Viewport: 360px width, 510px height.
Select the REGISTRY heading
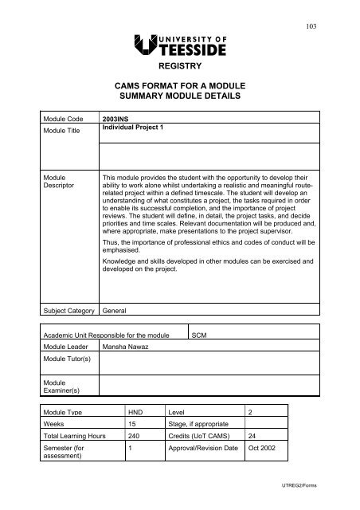pos(180,69)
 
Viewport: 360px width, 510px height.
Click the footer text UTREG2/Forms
pos(322,495)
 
